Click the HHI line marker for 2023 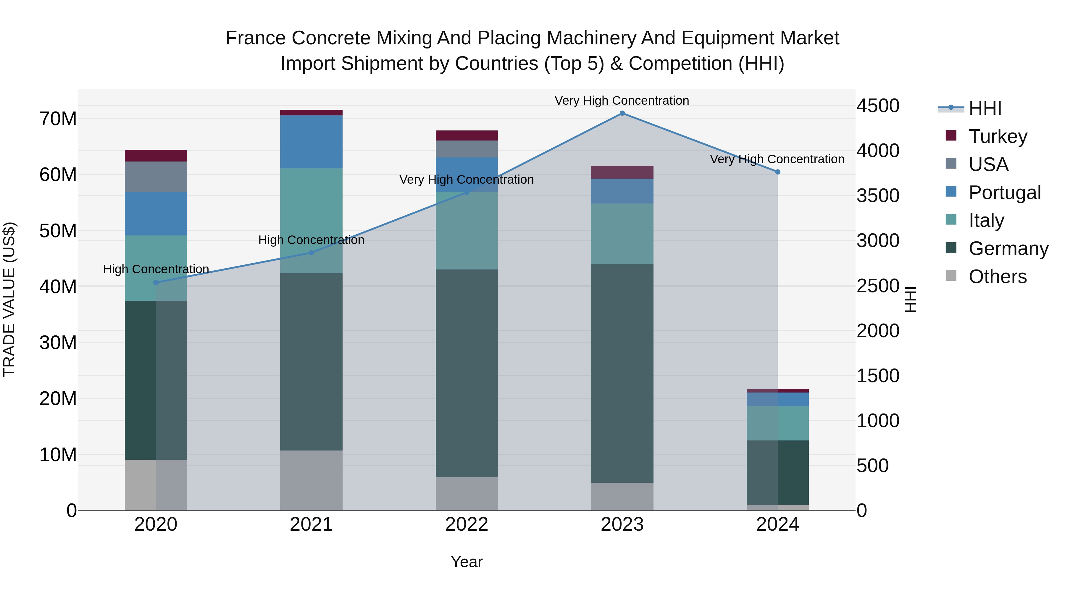622,113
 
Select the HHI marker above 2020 156,283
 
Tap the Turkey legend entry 998,136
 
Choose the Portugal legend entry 1004,193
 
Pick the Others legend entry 997,277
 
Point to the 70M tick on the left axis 58,119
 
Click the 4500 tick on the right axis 877,106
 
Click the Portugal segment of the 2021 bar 311,141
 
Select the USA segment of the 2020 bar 156,177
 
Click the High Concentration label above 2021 311,240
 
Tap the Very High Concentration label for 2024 777,159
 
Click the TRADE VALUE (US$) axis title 9,299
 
